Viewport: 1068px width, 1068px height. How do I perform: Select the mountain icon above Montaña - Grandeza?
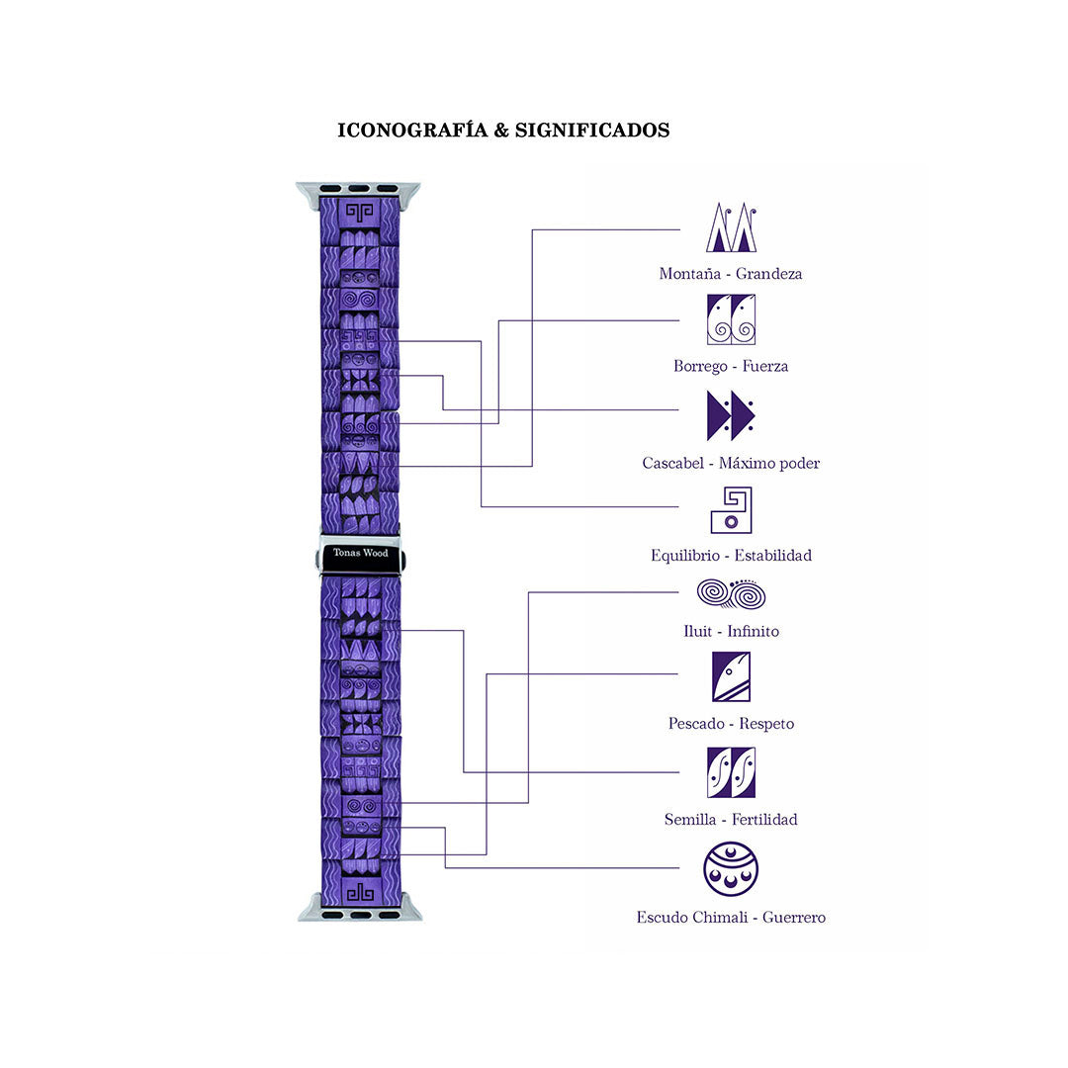point(731,227)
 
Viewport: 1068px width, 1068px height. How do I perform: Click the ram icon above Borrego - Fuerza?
point(731,319)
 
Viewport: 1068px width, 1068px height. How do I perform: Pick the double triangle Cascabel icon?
point(731,415)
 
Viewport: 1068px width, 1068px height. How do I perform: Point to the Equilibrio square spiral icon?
point(731,510)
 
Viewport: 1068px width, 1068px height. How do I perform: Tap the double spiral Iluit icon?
point(731,594)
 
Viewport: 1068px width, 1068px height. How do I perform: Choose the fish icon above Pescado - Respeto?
point(731,676)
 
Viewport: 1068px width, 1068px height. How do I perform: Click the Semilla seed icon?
point(731,772)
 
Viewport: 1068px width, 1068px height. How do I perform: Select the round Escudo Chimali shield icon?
point(731,869)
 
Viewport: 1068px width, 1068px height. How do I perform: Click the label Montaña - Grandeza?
point(731,274)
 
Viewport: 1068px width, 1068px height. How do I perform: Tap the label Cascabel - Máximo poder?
point(731,463)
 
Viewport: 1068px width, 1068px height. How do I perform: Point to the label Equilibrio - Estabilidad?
point(731,556)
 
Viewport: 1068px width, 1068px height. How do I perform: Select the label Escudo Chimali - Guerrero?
point(731,918)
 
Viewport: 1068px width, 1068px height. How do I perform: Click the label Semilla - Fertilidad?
point(731,820)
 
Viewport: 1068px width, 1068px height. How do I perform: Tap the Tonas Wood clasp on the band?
point(361,554)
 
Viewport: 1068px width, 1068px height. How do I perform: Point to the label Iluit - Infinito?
point(731,631)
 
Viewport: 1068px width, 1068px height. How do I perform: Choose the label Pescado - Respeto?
point(731,724)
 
